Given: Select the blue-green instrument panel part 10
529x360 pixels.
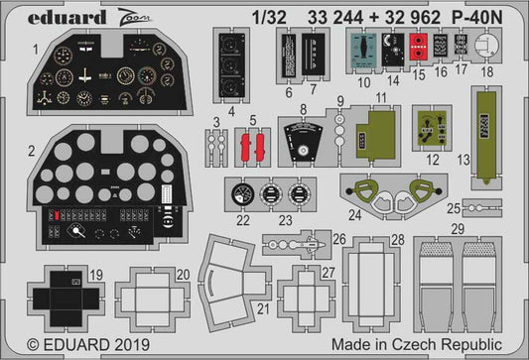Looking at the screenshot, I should tap(365, 48).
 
